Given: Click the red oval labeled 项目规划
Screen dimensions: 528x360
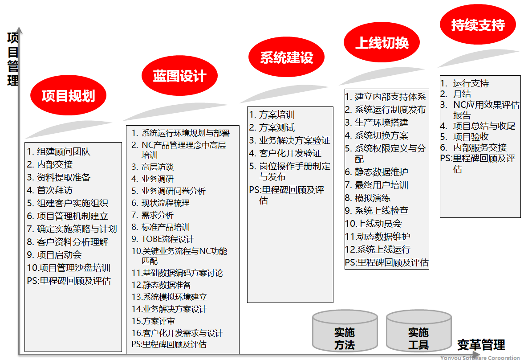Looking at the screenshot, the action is [x=69, y=95].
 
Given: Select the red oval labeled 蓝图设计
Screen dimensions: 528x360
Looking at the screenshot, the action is [x=179, y=75].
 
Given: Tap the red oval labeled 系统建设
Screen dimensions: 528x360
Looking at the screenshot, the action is [x=287, y=57].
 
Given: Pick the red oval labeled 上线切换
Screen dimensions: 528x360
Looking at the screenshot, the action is [x=382, y=42].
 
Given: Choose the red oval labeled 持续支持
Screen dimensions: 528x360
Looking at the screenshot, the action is [x=478, y=24].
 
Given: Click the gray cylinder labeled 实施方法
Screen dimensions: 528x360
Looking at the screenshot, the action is [x=345, y=331].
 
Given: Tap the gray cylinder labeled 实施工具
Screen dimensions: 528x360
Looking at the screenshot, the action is [x=418, y=331].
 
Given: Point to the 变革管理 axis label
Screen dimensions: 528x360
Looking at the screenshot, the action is [x=481, y=345].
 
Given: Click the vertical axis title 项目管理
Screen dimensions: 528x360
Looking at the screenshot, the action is [x=13, y=59].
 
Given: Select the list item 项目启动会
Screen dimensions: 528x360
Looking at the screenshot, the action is [x=54, y=255].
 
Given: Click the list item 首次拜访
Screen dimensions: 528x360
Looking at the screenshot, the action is [x=49, y=190].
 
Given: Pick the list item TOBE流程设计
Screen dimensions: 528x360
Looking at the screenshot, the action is [x=162, y=239].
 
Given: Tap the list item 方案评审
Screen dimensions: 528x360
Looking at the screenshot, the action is [x=153, y=321].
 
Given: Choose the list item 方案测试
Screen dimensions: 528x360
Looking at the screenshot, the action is [x=272, y=127].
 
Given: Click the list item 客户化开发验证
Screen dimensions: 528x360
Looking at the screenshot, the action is [x=285, y=153].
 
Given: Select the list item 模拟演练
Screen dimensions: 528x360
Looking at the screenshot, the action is [x=368, y=198].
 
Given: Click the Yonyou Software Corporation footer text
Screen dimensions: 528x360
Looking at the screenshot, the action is [x=480, y=357].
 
